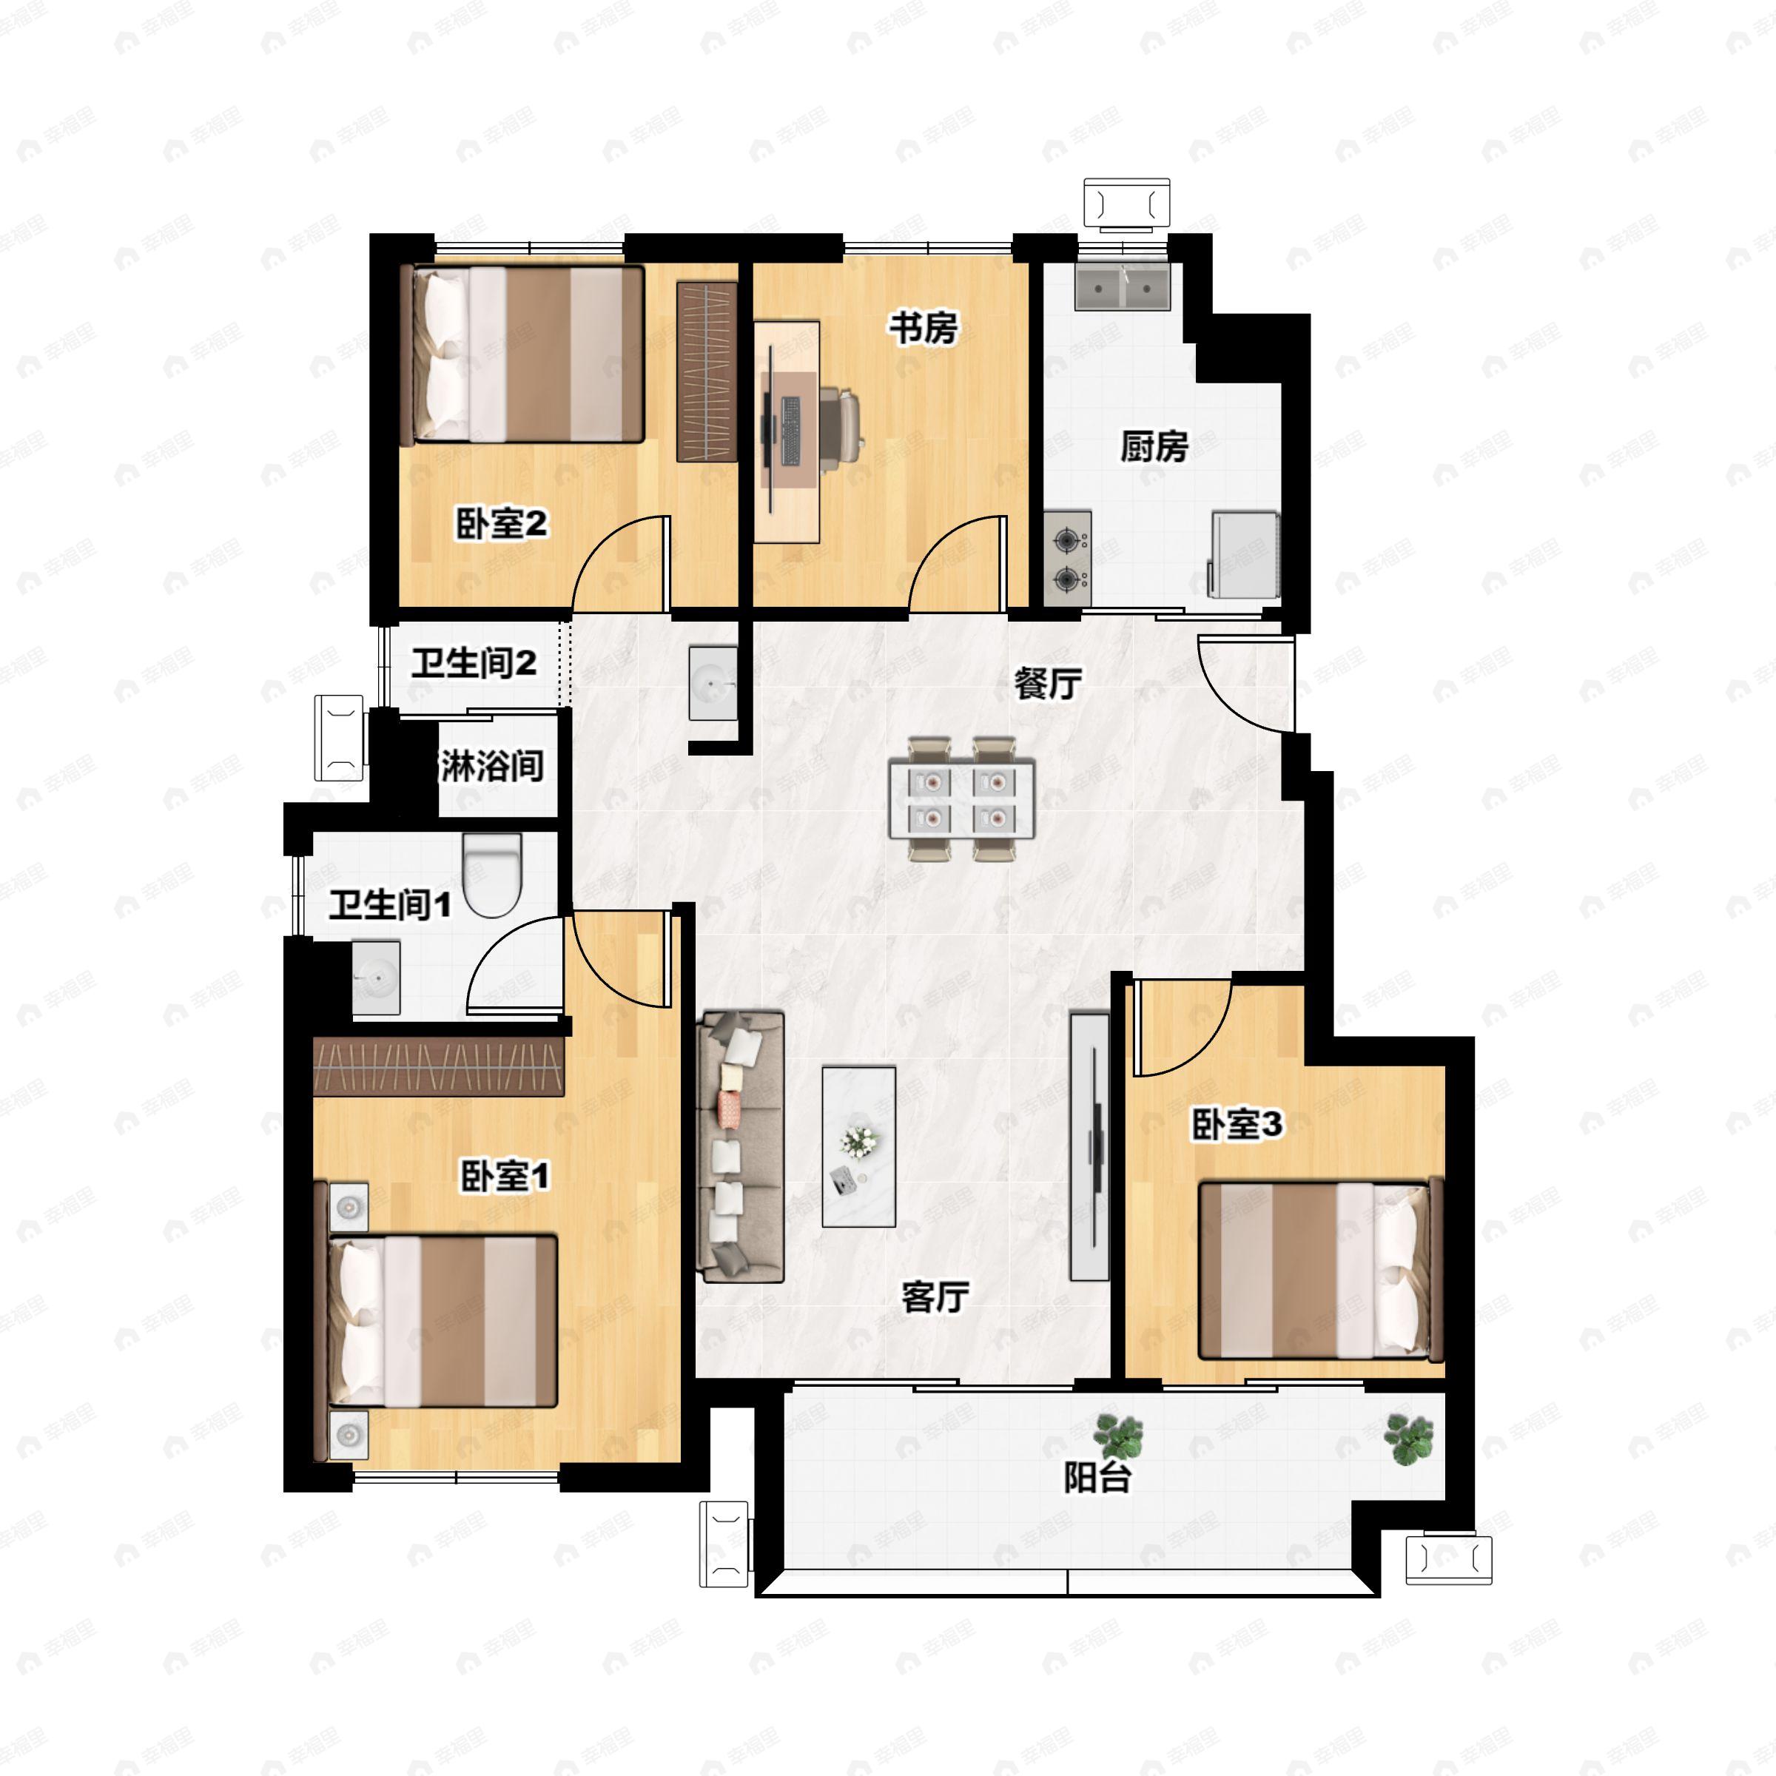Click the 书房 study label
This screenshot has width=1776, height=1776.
(x=923, y=327)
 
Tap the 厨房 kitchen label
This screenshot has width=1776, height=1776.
(x=1154, y=447)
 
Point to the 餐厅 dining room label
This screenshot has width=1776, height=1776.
(x=1047, y=683)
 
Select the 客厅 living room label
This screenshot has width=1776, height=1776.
(x=936, y=1297)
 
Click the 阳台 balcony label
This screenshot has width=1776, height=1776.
(x=1097, y=1477)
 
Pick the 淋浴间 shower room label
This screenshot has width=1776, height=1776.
(x=492, y=765)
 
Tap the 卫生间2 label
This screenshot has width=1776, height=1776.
(x=474, y=663)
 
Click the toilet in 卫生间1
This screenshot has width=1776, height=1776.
(x=493, y=875)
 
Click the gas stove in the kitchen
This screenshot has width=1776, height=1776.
(x=1067, y=559)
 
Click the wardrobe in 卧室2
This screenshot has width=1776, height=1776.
(x=707, y=371)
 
